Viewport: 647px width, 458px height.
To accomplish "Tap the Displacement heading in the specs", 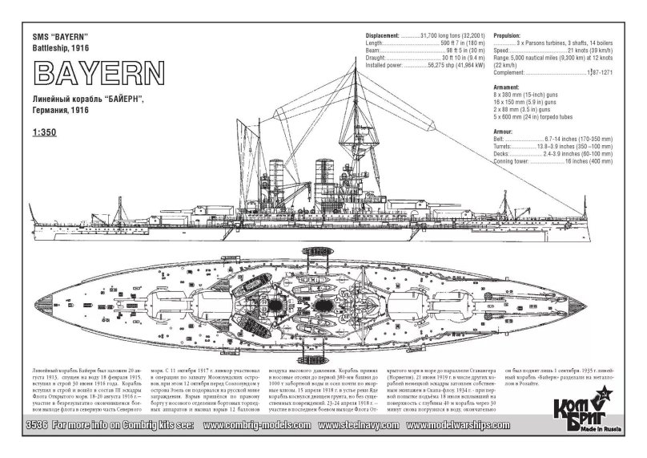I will pyautogui.click(x=381, y=36).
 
